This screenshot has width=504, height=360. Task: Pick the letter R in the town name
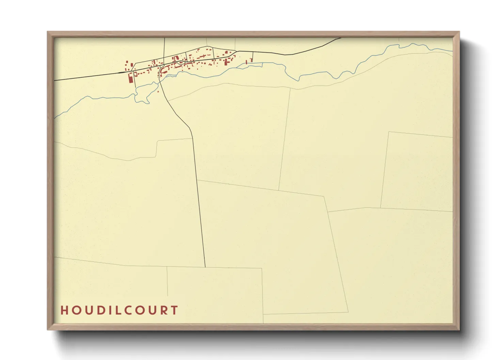(164, 310)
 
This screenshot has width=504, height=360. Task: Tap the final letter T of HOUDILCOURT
(175, 310)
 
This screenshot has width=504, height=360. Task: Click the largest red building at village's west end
(130, 78)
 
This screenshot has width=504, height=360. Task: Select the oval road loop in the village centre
(180, 63)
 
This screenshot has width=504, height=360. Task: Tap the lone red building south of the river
(158, 91)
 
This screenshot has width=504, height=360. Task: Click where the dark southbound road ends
(205, 267)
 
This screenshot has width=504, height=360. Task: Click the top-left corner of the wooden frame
(48, 32)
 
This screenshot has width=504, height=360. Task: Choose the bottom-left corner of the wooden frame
(48, 329)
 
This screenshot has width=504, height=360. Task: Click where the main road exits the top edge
(341, 38)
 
